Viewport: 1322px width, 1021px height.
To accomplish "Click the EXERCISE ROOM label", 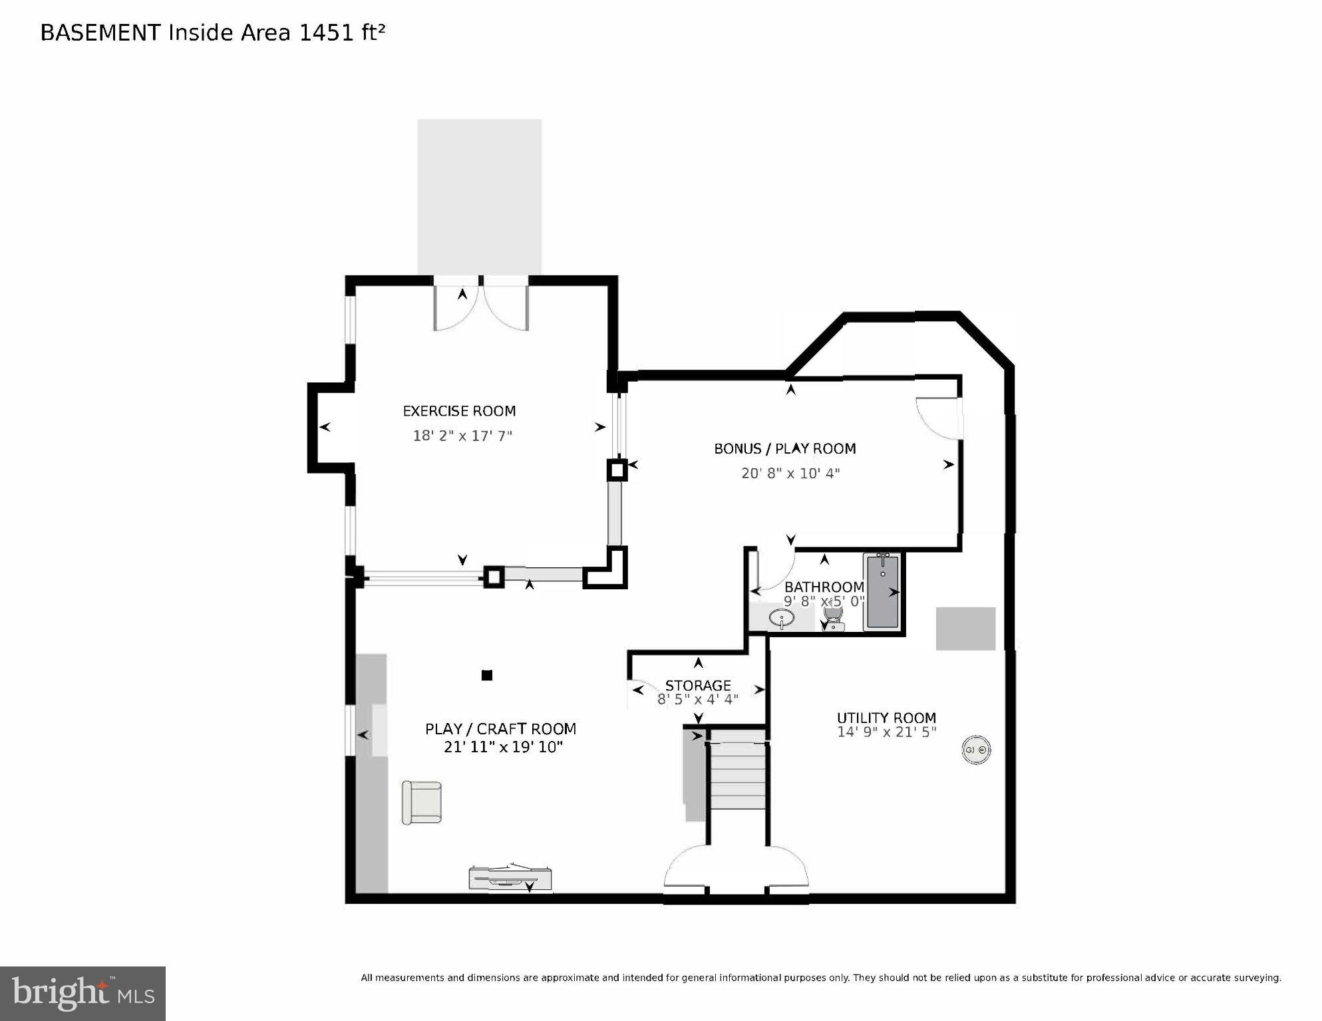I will pos(459,411).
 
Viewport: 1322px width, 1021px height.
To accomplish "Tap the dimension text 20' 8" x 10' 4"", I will pos(790,474).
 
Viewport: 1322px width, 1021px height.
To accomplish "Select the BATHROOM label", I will pos(824,587).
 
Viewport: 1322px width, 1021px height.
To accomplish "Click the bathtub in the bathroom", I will pos(882,592).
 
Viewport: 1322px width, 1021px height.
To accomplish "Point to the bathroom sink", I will pos(781,619).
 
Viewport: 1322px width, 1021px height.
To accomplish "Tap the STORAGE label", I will pos(698,685).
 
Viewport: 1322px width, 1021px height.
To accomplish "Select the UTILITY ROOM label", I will pos(886,718).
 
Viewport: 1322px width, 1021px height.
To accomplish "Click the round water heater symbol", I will pos(976,750).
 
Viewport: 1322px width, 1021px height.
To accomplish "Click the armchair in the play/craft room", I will pos(422,803).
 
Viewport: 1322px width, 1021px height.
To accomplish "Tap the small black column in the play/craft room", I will pos(487,675).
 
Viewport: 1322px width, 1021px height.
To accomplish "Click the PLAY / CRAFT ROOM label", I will pos(500,729).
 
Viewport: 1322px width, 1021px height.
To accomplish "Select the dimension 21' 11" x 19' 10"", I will pos(503,747).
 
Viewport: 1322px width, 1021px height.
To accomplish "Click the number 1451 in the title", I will pos(327,33).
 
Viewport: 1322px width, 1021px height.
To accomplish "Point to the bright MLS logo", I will pos(83,993).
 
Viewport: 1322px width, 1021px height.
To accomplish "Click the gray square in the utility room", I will pos(965,629).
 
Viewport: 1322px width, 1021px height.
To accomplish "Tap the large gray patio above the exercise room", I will pos(479,196).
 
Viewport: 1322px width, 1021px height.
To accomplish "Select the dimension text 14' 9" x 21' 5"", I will pos(886,732).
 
